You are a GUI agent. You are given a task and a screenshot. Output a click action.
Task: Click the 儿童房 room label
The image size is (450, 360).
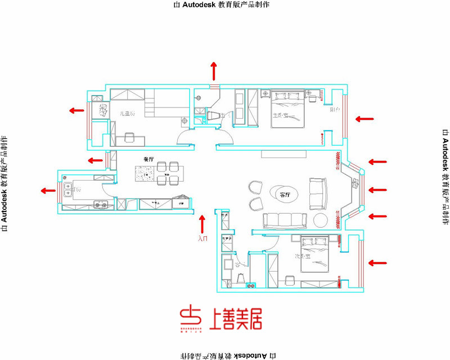pyautogui.click(x=128, y=113)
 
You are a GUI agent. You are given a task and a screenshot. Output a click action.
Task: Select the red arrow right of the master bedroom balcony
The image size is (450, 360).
pyautogui.click(x=364, y=119)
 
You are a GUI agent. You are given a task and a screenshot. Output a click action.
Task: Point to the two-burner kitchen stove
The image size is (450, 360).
pyautogui.click(x=101, y=205)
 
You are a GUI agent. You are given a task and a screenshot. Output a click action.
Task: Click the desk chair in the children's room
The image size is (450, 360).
pyautogui.click(x=129, y=137)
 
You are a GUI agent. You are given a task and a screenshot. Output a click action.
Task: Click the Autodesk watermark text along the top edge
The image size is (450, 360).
pyautogui.click(x=223, y=4)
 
